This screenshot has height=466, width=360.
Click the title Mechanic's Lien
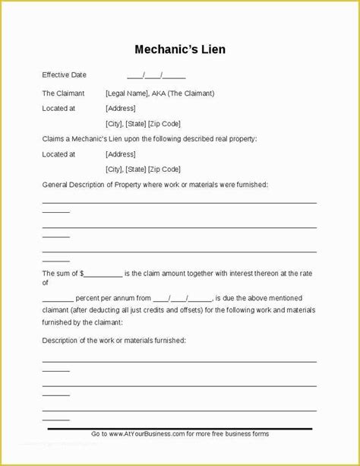pyautogui.click(x=180, y=50)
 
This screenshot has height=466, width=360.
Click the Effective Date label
pyautogui.click(x=65, y=74)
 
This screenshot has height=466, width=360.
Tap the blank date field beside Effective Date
pyautogui.click(x=156, y=75)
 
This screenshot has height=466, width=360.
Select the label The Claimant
pyautogui.click(x=64, y=94)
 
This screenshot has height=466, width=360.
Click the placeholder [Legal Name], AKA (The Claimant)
pyautogui.click(x=160, y=94)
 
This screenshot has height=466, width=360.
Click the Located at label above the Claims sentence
pyautogui.click(x=58, y=109)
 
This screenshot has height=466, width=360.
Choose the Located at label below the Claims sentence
pyautogui.click(x=58, y=154)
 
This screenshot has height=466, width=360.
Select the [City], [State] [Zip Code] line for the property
pyautogui.click(x=143, y=169)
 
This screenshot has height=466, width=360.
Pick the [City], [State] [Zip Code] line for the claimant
pyautogui.click(x=143, y=123)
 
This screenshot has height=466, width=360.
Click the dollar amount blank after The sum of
pyautogui.click(x=105, y=273)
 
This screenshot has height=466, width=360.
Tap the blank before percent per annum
pyautogui.click(x=58, y=298)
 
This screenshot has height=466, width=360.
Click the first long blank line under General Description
pyautogui.click(x=179, y=202)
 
